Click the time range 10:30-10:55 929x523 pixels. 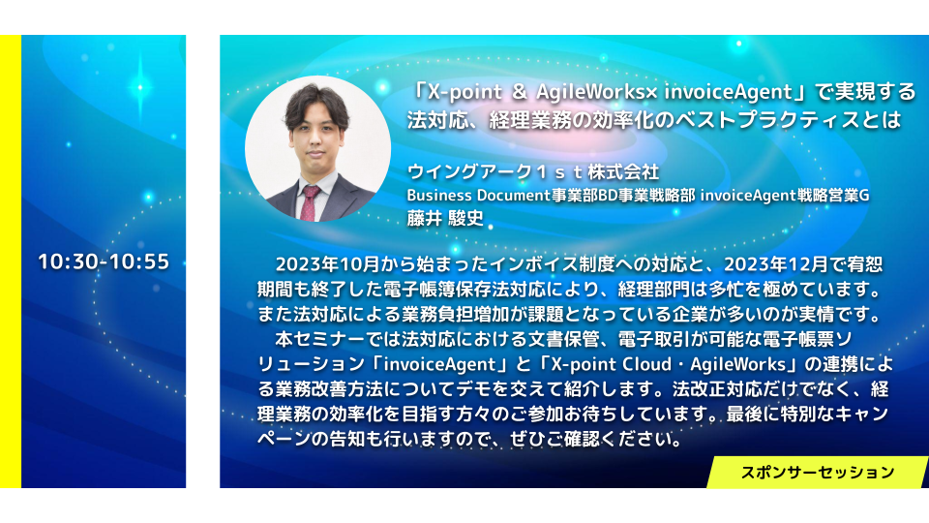point(104,261)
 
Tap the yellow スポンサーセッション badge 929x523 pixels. point(818,472)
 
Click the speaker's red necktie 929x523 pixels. point(310,203)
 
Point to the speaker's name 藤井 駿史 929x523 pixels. point(445,218)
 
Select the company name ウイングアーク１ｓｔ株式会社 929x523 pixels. point(532,172)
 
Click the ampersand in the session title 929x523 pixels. point(519,92)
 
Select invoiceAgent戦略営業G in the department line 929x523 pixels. point(785,195)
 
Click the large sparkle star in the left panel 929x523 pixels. point(140,87)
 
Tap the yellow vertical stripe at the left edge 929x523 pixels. point(11,261)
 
